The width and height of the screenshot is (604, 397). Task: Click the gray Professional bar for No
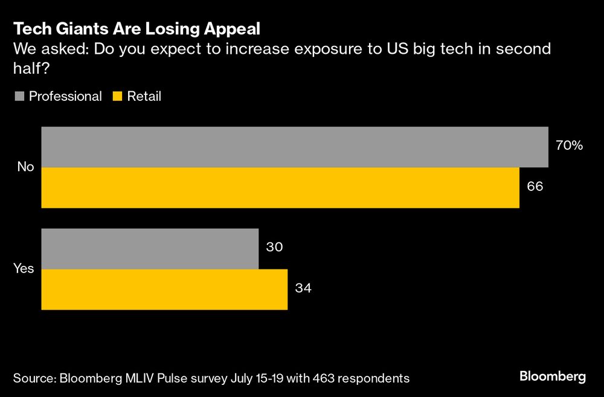(x=294, y=147)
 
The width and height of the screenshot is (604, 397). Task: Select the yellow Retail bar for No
(x=280, y=188)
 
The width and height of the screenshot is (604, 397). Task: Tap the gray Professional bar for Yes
(x=150, y=248)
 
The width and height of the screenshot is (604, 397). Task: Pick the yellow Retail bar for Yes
(x=164, y=289)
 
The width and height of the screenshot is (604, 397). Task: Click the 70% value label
(x=568, y=145)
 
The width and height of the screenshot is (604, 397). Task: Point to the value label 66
(x=535, y=186)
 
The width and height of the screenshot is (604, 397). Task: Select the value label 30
(x=275, y=247)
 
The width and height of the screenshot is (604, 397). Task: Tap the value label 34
(x=303, y=288)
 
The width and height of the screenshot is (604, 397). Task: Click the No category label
(x=25, y=167)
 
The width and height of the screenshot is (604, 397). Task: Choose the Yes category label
(x=24, y=269)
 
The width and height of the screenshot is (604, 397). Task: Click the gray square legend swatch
(x=18, y=96)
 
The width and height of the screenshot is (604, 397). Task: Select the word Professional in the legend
(x=65, y=96)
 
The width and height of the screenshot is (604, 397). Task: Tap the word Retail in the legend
(x=144, y=96)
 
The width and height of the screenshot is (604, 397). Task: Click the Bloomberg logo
(x=553, y=376)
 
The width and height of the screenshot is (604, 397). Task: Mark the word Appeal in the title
(x=231, y=28)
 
